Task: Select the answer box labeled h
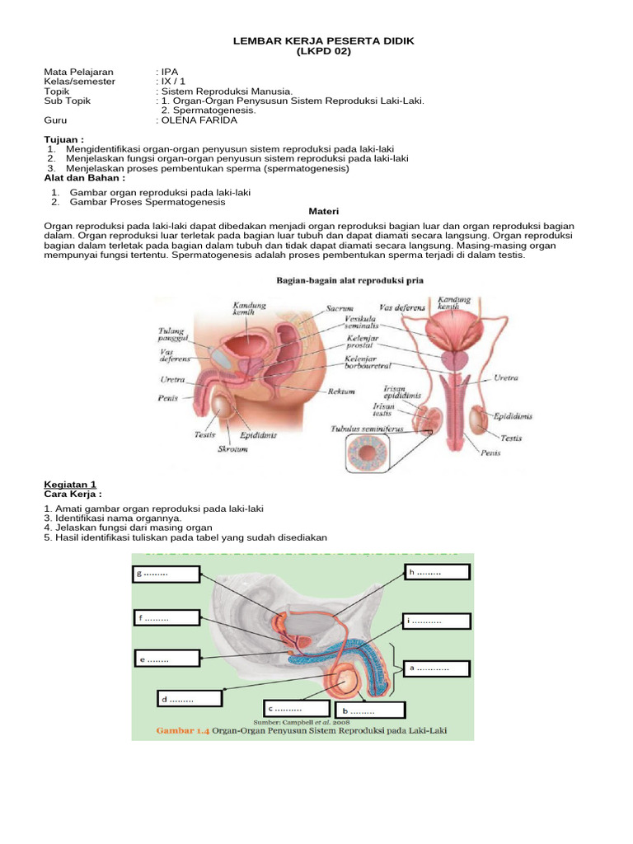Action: point(436,573)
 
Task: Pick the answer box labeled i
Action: point(436,621)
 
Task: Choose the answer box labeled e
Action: point(167,658)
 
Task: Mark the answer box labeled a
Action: point(436,668)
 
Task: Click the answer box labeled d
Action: point(190,699)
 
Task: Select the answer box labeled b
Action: point(369,710)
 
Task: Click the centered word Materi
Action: point(323,211)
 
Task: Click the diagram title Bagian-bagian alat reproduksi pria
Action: point(349,280)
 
